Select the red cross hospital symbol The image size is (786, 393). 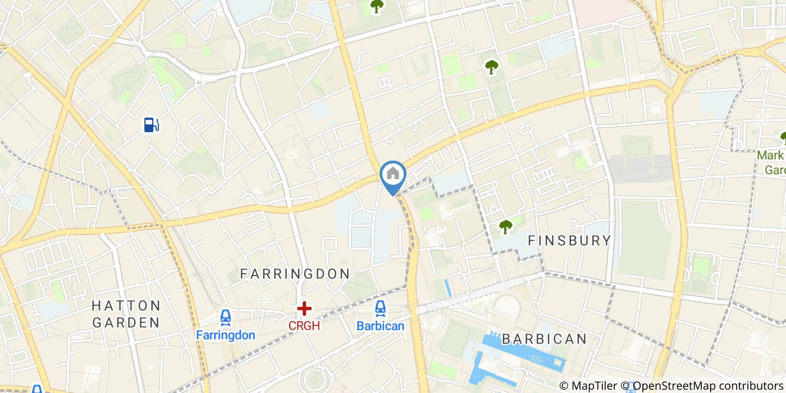coord(304,308)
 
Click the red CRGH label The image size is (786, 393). coord(304,326)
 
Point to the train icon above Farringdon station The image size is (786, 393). coord(226,318)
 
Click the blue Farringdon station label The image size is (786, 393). coord(226,335)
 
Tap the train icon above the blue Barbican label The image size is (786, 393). coord(381,308)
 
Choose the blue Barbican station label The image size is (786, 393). coord(381,326)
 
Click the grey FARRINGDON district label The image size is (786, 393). coord(295,274)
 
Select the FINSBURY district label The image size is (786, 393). coord(569,241)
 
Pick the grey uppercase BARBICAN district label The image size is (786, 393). coord(544,339)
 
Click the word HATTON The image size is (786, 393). coord(126,306)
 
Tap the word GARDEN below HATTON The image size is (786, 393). coord(126,323)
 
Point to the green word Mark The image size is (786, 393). coord(770,156)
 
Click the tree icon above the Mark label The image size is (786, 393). coord(783,137)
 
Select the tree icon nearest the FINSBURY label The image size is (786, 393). coord(506,226)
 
